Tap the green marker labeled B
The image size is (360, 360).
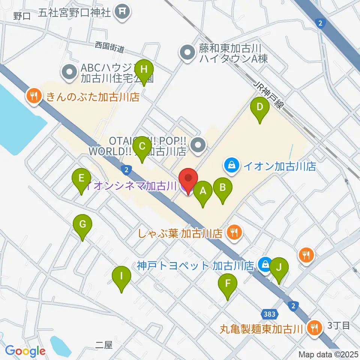click(223, 188)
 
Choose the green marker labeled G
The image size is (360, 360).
click(83, 225)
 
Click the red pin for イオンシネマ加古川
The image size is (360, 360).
click(188, 179)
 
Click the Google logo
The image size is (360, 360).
click(25, 351)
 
